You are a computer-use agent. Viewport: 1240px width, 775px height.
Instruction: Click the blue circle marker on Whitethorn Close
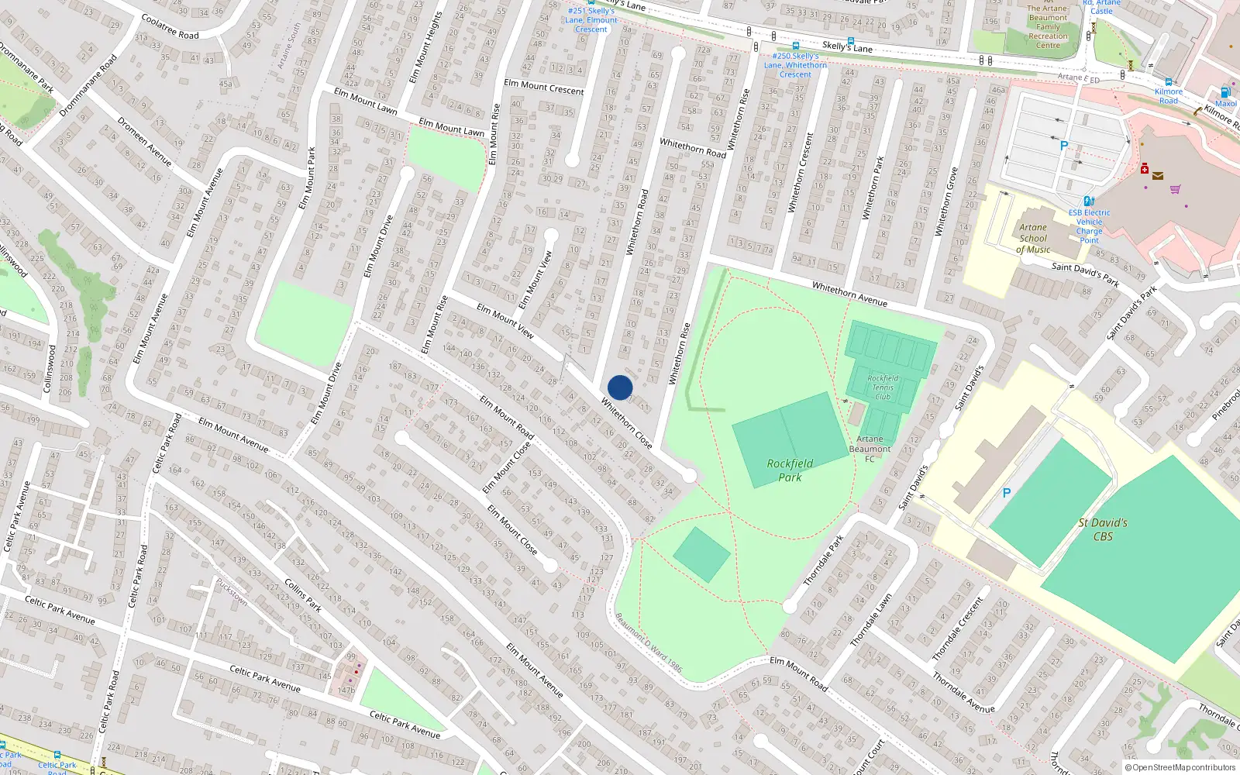620,387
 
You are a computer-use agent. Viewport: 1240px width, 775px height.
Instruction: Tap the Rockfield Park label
790,470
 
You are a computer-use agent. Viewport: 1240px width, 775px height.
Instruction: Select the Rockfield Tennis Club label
883,387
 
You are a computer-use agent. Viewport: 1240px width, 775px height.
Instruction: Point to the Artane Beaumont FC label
870,449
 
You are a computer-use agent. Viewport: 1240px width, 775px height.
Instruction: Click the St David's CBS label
1103,529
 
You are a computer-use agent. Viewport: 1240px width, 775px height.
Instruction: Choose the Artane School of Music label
1033,239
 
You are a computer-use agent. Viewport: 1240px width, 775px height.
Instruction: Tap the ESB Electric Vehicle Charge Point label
1089,226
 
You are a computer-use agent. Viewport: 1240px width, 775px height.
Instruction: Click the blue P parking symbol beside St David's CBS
1007,493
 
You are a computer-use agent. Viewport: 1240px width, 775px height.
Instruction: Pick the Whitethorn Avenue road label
849,294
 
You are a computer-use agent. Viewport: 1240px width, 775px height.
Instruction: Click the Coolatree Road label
170,26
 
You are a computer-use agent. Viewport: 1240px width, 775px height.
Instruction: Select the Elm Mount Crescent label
544,87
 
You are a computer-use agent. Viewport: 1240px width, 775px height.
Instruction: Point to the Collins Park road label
303,594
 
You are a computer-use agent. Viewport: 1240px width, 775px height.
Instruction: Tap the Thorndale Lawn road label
871,620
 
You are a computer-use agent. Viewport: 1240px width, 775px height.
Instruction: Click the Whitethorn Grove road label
946,201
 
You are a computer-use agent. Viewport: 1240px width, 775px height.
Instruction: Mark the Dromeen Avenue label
145,141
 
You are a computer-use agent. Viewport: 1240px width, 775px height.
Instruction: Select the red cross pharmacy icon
1145,168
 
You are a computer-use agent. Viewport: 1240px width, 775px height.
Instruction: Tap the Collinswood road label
49,369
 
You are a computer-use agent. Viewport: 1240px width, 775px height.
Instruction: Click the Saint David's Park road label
1085,274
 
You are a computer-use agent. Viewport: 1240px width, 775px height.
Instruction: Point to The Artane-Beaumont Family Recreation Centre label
1048,27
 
